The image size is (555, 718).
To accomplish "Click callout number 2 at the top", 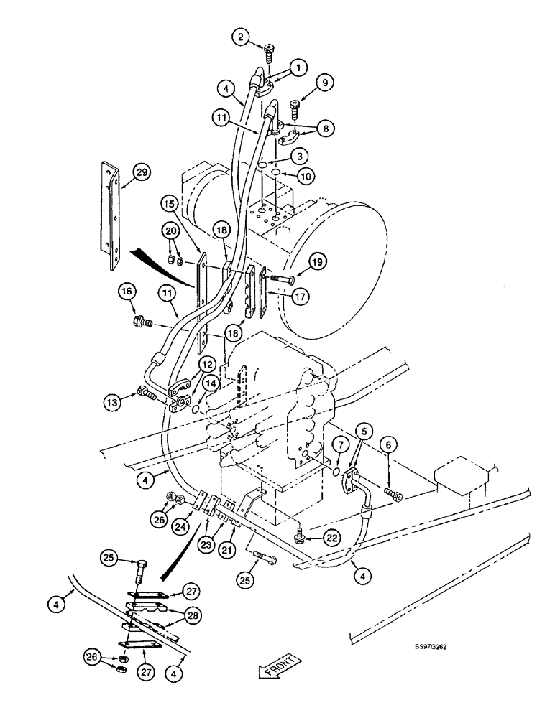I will click(x=242, y=36).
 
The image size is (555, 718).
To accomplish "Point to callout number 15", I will click(x=170, y=205).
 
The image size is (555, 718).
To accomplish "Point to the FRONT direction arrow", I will click(x=280, y=668).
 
